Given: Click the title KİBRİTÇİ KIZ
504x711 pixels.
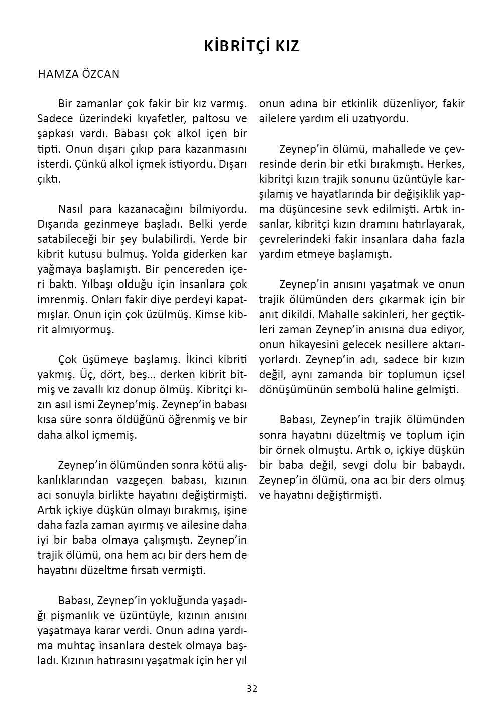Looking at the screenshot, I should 251,46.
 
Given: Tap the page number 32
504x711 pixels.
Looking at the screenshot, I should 252,688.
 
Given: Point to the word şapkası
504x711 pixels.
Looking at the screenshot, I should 55,134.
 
